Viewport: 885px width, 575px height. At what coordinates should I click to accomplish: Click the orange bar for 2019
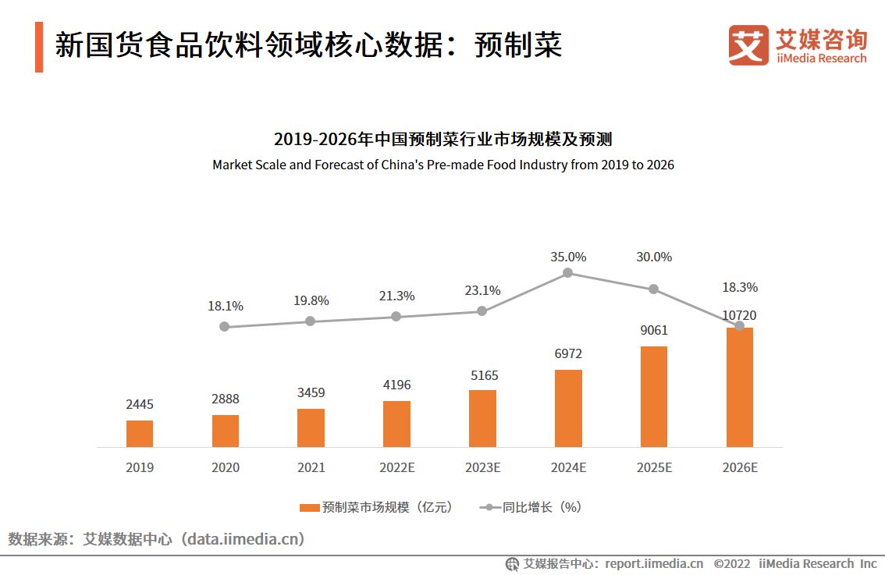click(x=140, y=434)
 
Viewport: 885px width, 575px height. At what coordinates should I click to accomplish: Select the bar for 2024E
click(x=568, y=408)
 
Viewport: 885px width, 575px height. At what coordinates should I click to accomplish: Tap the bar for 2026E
click(x=739, y=388)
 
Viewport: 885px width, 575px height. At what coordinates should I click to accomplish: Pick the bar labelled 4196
click(x=396, y=424)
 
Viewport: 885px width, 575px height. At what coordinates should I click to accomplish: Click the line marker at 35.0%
click(x=568, y=272)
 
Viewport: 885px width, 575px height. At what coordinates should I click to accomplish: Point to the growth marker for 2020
click(x=225, y=327)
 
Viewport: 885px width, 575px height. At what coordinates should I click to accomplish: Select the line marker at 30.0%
click(x=654, y=289)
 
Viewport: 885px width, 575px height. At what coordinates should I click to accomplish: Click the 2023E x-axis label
click(x=482, y=467)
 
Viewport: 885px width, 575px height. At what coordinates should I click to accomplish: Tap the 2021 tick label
click(x=311, y=467)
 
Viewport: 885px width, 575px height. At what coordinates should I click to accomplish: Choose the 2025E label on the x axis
click(x=654, y=467)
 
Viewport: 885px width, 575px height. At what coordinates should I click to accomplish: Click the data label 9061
click(x=654, y=330)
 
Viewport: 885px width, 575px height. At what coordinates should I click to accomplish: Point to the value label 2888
click(x=225, y=399)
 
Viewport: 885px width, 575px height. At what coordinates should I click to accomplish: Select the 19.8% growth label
click(x=311, y=300)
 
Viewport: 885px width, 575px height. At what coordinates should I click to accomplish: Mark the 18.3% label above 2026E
click(x=739, y=287)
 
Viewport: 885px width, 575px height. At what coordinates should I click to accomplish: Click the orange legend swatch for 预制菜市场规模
click(x=309, y=507)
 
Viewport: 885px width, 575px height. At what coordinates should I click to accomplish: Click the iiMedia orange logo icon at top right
click(x=748, y=45)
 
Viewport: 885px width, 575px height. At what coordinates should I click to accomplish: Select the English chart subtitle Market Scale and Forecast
click(x=442, y=165)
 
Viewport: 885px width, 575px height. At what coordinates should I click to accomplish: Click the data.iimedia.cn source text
click(x=243, y=539)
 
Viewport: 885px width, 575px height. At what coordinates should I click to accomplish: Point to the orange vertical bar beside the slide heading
click(x=39, y=47)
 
